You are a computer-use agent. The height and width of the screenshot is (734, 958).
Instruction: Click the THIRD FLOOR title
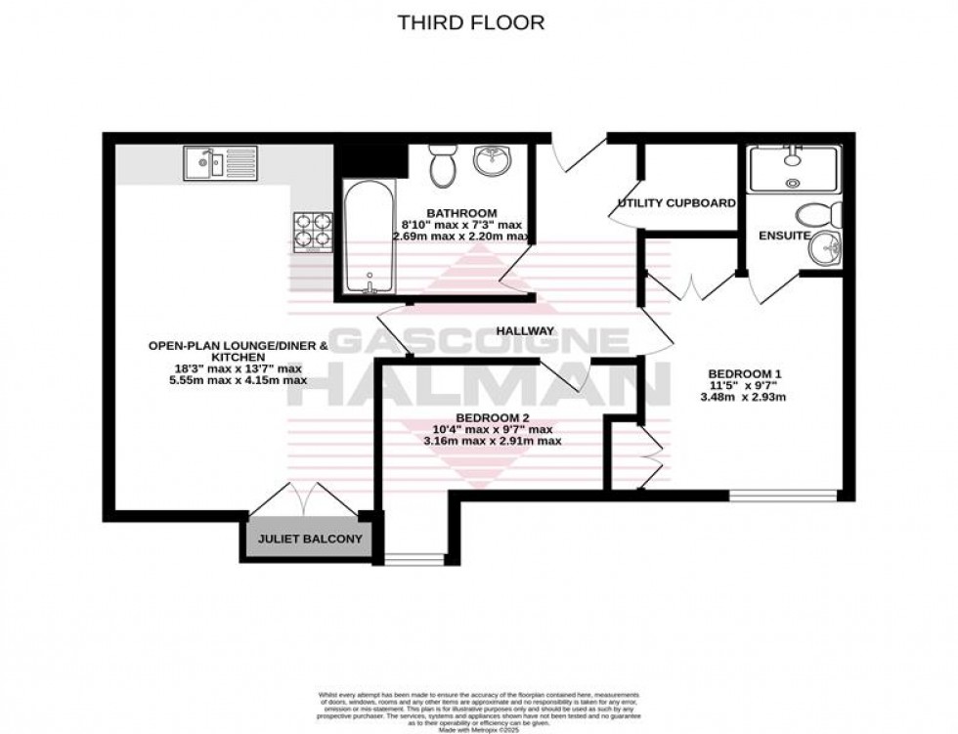[470, 22]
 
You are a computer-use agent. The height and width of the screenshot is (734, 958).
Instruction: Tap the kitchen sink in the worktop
[220, 162]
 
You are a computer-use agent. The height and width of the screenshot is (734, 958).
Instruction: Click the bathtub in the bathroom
[369, 239]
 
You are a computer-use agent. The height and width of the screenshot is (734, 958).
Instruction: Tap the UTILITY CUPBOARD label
[675, 203]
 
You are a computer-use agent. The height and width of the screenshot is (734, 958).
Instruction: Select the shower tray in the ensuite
[793, 168]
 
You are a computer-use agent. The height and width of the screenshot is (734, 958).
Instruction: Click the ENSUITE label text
[784, 236]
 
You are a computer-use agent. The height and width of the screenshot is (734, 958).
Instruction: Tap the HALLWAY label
[525, 331]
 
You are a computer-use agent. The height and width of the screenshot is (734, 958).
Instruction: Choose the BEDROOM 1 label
[745, 374]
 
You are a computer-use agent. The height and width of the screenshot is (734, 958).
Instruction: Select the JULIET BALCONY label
[310, 540]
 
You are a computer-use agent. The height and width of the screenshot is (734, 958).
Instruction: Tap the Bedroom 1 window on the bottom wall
[784, 497]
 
